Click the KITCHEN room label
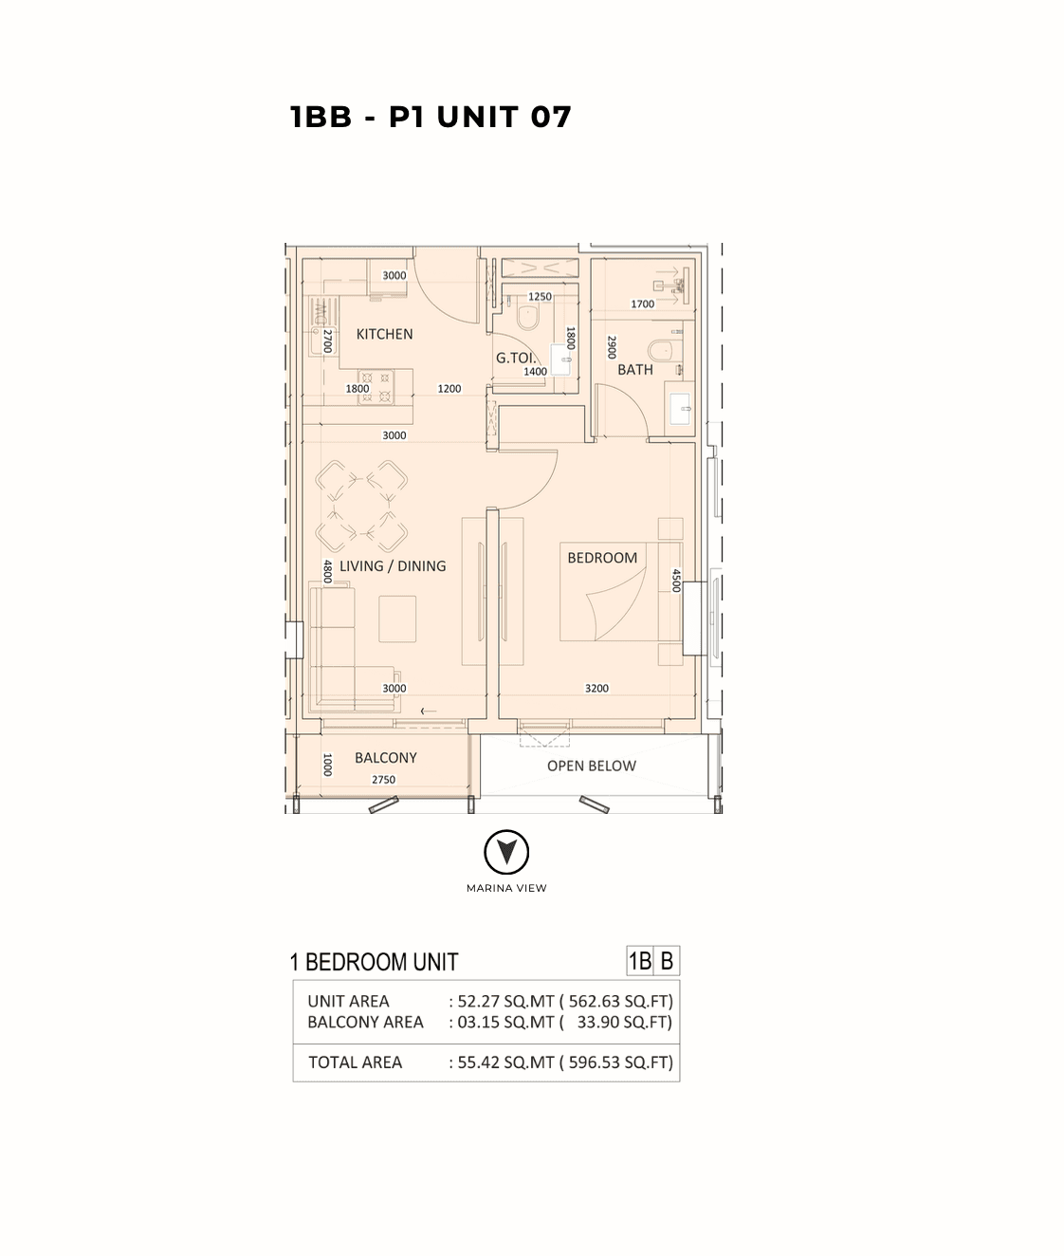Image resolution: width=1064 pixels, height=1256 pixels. (384, 334)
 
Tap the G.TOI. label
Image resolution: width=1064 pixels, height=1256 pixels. (516, 358)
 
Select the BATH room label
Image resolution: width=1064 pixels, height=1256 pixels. (635, 369)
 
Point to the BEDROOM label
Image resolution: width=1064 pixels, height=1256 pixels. (602, 557)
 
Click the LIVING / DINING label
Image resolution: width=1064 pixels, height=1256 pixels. (393, 565)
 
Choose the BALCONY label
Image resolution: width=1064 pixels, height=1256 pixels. (386, 758)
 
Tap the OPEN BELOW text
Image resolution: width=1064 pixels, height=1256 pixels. (592, 766)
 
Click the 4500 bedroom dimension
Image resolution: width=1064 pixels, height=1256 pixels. (676, 580)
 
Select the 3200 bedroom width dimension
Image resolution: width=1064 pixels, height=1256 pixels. (596, 688)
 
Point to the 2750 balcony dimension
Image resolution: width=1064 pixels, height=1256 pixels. (383, 779)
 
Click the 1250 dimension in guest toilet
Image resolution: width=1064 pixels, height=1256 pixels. (540, 297)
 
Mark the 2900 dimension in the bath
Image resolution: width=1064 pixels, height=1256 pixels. (613, 347)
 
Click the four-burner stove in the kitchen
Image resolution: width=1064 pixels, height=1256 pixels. (376, 387)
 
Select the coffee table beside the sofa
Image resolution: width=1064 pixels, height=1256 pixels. (397, 619)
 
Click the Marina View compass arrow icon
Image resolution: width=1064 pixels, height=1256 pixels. (505, 853)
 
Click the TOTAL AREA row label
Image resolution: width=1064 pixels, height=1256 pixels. (356, 1062)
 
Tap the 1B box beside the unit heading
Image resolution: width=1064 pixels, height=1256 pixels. (640, 961)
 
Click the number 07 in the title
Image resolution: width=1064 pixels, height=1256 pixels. (551, 117)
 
